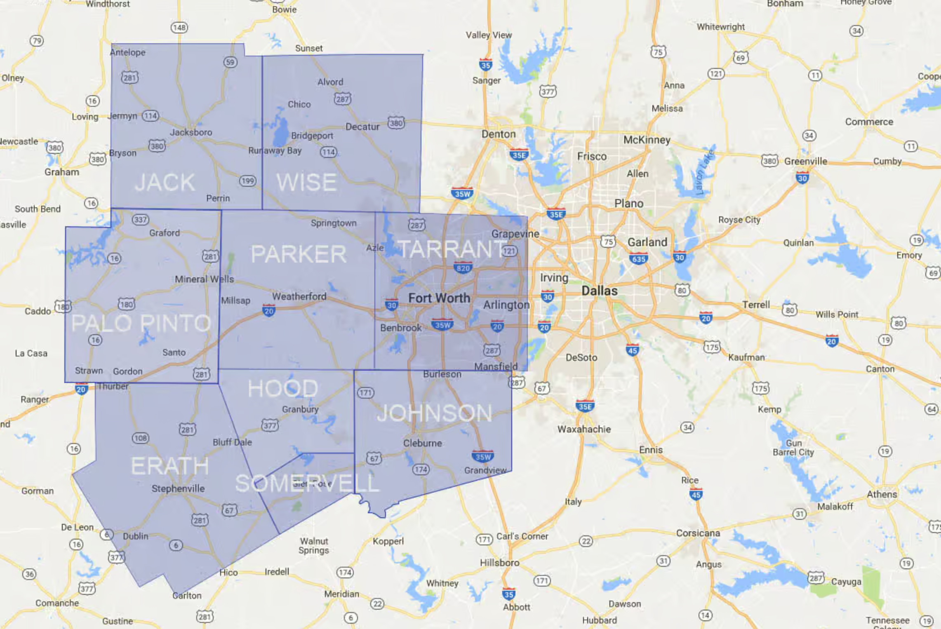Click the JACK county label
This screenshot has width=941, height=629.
tap(165, 182)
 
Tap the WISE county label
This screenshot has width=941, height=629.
tap(306, 182)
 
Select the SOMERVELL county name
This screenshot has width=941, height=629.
tap(307, 483)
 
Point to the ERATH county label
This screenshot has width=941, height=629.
tap(169, 466)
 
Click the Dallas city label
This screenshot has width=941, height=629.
tap(599, 291)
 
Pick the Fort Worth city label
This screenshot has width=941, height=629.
tap(439, 298)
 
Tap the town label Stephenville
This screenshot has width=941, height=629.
tap(178, 488)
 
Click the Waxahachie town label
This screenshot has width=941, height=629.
tap(584, 429)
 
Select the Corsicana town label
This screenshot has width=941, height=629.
tap(698, 533)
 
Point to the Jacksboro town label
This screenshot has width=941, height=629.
tap(191, 132)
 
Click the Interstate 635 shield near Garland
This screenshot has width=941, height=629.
tap(638, 259)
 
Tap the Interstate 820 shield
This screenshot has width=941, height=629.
tap(463, 268)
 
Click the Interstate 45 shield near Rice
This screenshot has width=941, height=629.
tap(696, 494)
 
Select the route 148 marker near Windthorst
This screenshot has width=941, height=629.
tap(179, 28)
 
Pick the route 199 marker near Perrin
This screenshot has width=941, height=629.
tap(247, 181)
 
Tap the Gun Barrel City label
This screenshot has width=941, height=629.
tap(793, 448)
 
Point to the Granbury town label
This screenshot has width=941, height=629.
tap(300, 409)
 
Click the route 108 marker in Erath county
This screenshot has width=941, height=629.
tap(140, 438)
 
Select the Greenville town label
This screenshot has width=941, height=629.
tap(805, 161)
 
